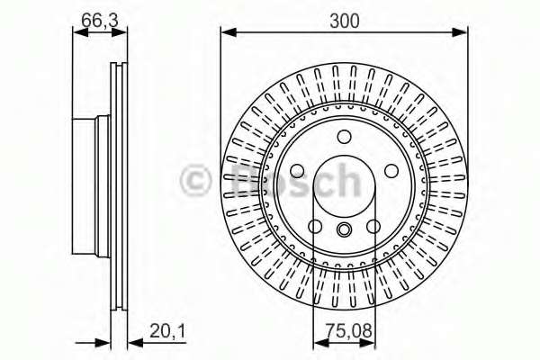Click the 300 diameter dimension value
[344, 19]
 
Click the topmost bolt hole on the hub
[344, 137]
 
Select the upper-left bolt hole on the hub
[298, 170]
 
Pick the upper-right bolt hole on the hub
[390, 170]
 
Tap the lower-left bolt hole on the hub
[315, 225]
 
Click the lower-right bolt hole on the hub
[373, 225]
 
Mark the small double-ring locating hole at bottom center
[344, 230]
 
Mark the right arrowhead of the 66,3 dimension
[117, 33]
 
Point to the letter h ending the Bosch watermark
[346, 180]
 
